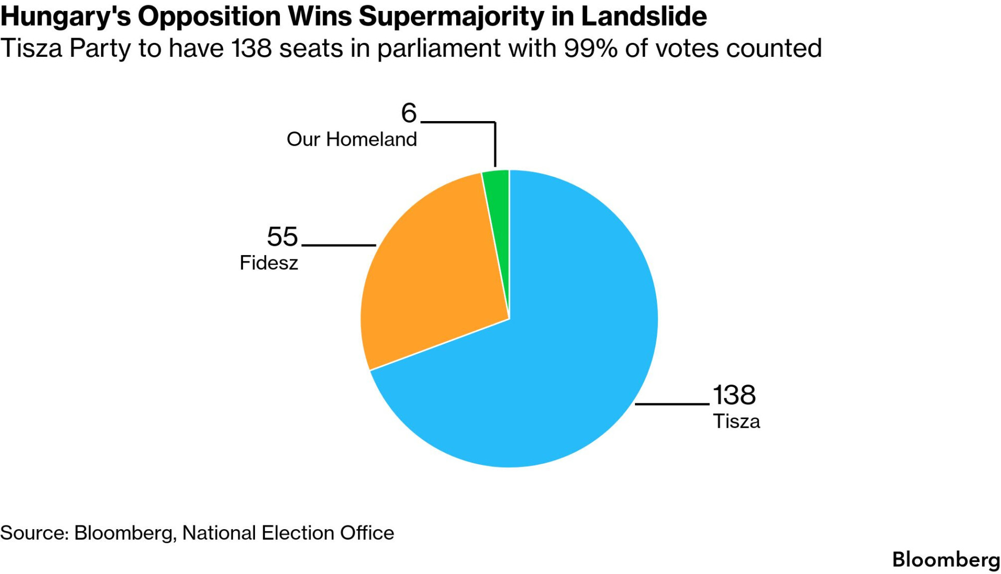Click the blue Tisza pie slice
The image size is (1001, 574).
click(563, 365)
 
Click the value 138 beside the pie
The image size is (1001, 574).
click(734, 395)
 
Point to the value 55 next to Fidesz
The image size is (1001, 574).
click(282, 237)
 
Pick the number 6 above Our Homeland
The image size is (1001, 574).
click(409, 113)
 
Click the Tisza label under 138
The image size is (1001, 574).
click(736, 422)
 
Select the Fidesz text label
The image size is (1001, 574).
click(268, 263)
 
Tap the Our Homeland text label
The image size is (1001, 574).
click(351, 140)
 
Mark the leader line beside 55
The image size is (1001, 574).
click(338, 245)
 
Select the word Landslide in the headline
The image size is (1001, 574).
click(643, 17)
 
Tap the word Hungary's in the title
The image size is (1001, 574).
click(65, 17)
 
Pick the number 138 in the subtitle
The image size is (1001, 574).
click(252, 49)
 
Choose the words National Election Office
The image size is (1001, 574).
click(288, 533)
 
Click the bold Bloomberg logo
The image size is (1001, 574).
click(946, 559)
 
